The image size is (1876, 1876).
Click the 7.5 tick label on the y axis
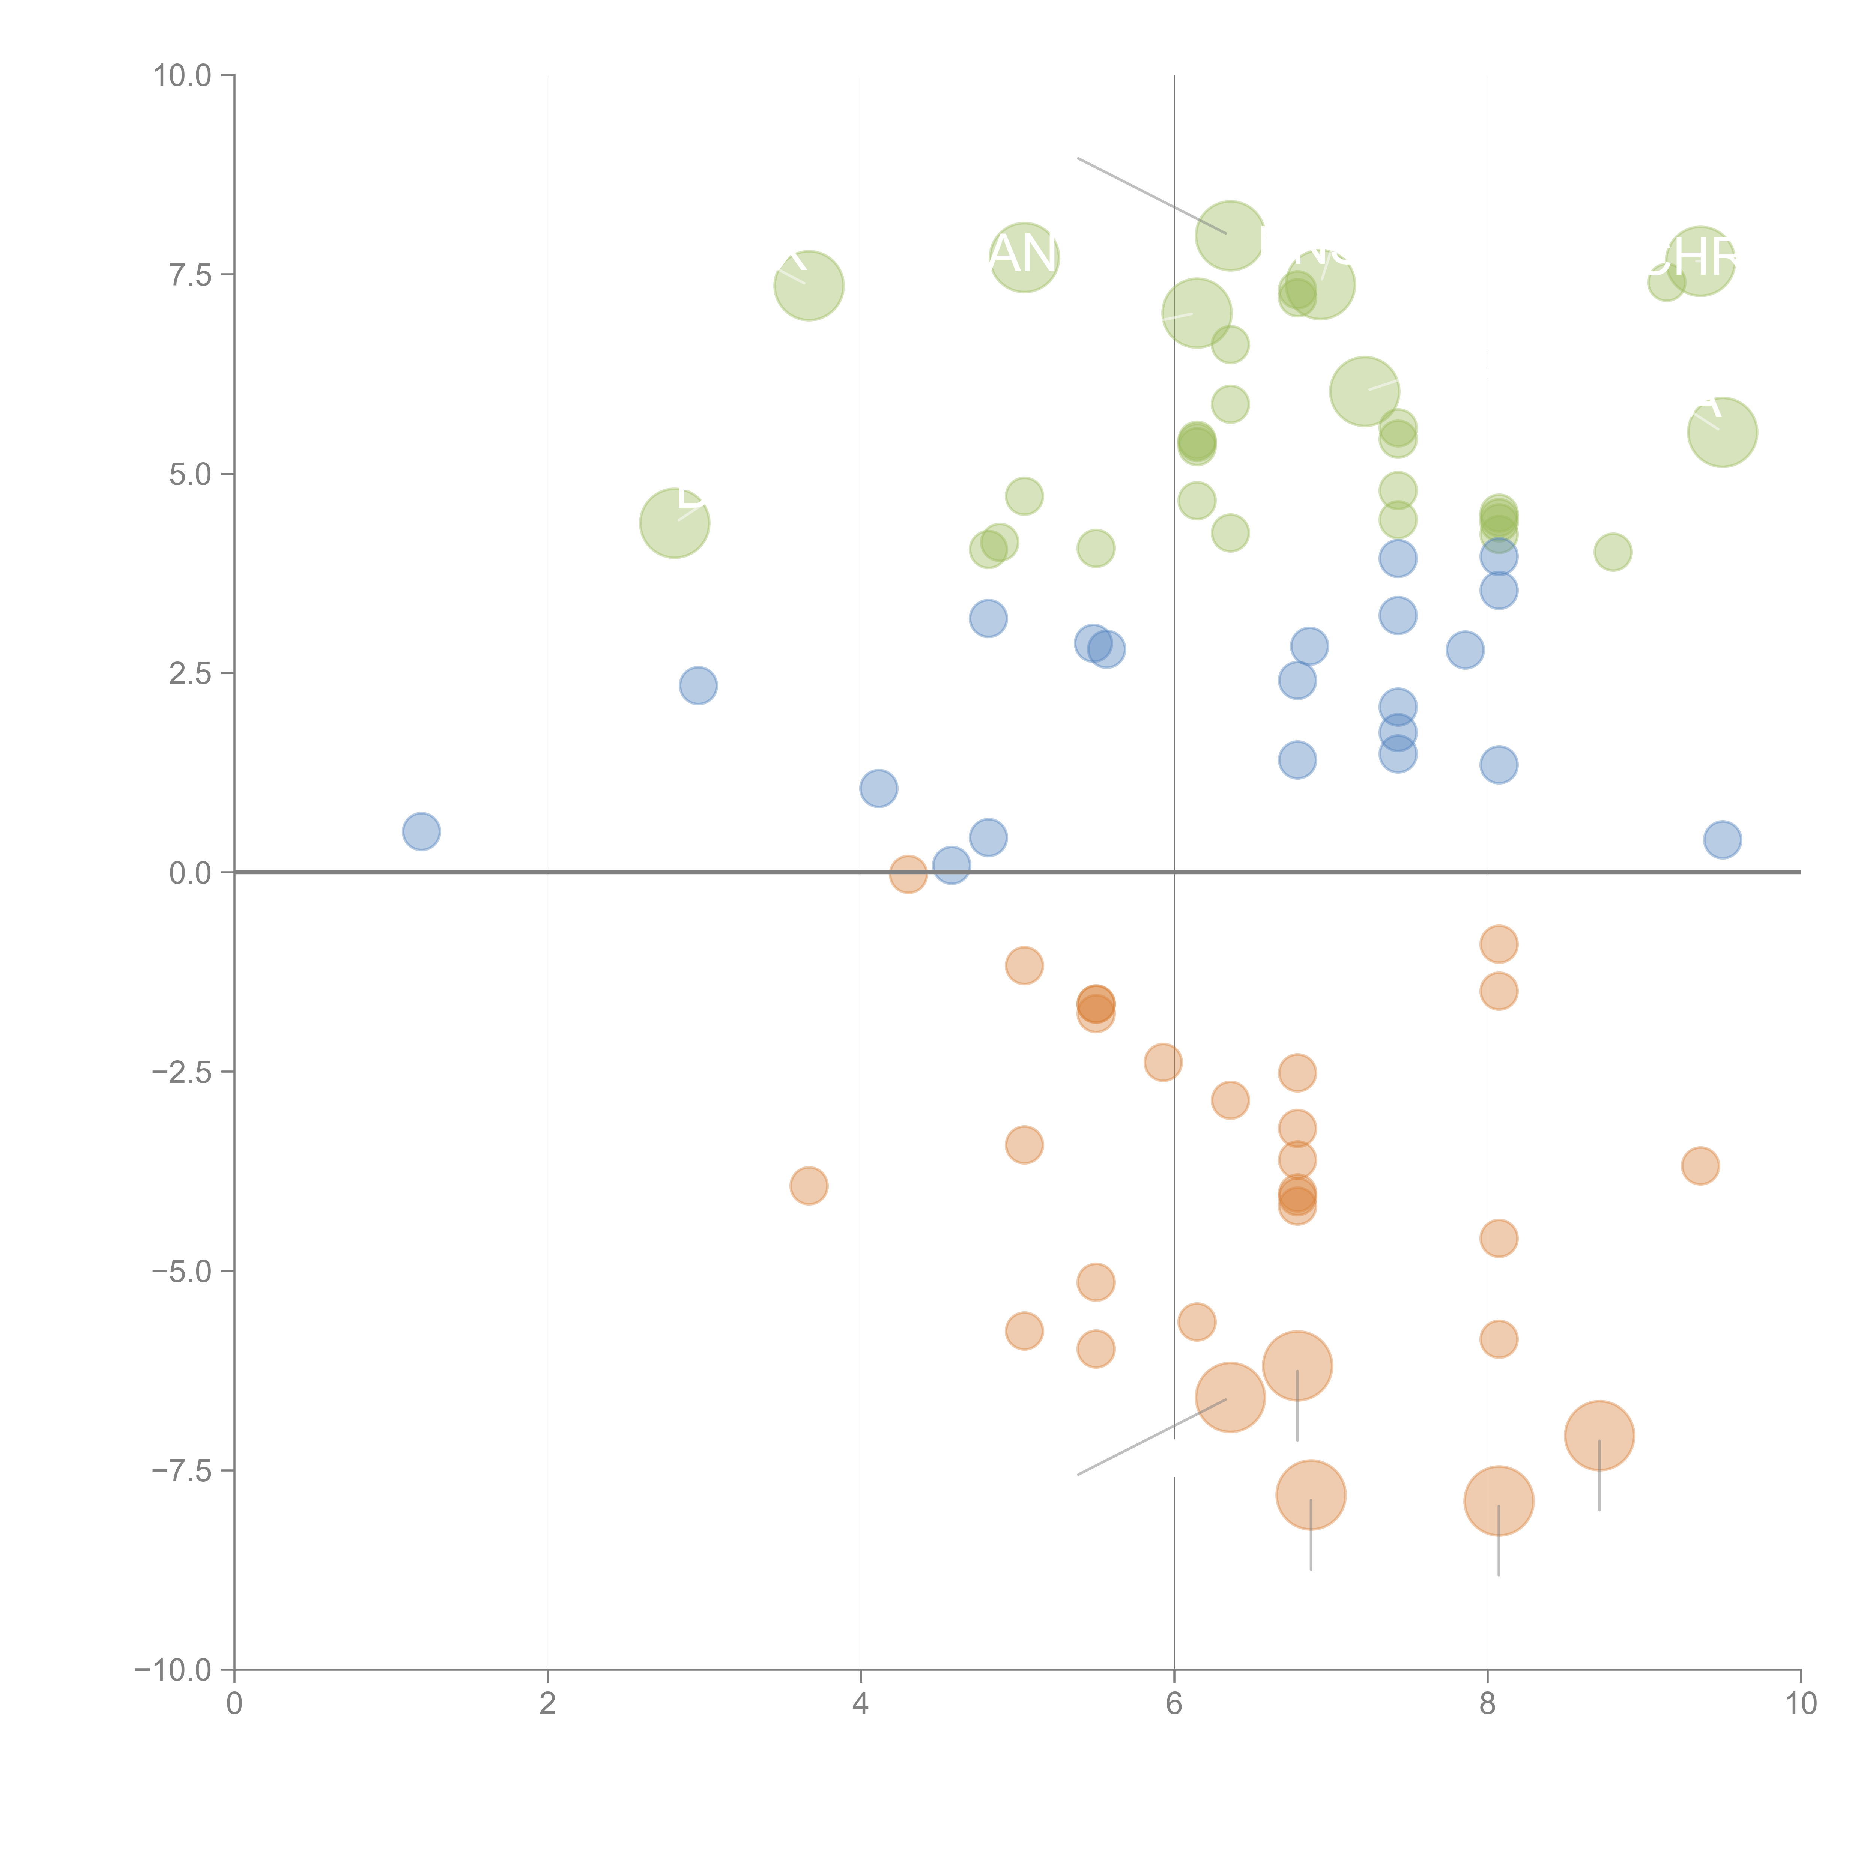point(189,275)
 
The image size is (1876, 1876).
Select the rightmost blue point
point(1722,840)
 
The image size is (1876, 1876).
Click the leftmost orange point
point(809,1186)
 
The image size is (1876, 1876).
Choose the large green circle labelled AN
point(1024,257)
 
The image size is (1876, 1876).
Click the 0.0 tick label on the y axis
point(189,873)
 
